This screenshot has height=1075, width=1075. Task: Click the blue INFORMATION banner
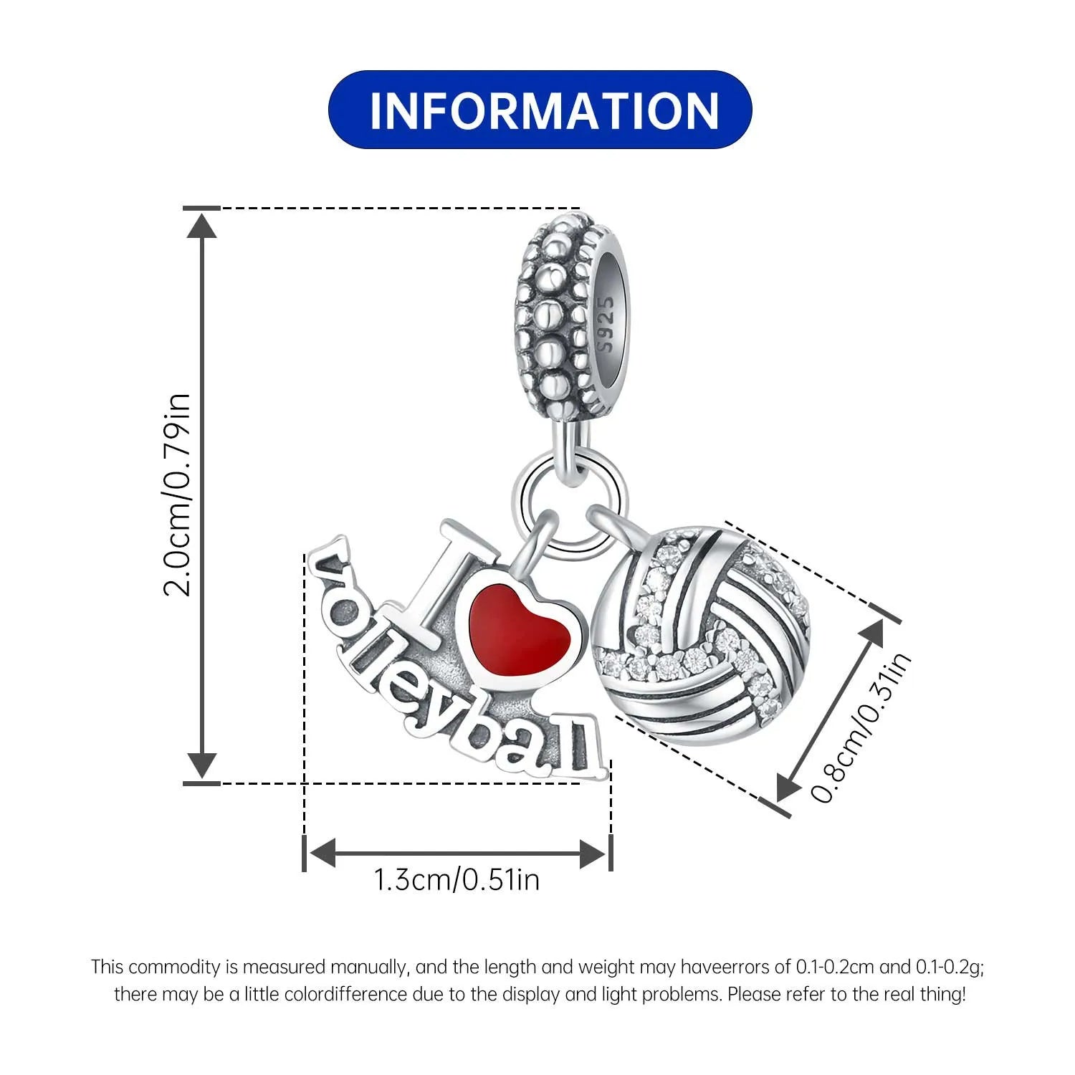540,110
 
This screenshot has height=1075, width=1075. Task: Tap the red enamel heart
520,630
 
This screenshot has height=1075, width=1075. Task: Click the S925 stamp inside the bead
606,325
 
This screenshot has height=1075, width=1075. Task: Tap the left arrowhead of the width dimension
321,853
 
